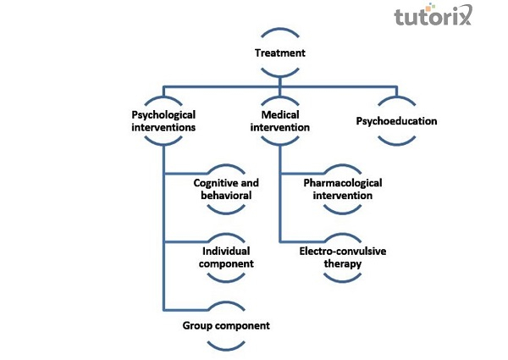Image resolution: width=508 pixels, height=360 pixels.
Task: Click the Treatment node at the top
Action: (x=279, y=53)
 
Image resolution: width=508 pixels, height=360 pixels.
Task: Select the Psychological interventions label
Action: (x=164, y=120)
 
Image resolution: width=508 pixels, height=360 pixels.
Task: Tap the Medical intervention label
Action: (x=279, y=120)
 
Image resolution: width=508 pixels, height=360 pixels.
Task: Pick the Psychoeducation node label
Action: (x=396, y=121)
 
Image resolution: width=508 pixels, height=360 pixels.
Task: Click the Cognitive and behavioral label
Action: (x=226, y=189)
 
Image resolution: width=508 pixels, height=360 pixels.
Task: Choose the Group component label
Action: (x=226, y=325)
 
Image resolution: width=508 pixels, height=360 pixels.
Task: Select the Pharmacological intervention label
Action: (x=342, y=189)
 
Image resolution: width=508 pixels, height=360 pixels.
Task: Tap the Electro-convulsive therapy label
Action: (x=342, y=258)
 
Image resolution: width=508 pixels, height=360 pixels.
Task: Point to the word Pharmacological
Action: (x=342, y=183)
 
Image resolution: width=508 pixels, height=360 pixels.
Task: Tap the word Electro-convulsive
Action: (x=342, y=252)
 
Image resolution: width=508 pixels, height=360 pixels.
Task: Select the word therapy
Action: (x=342, y=264)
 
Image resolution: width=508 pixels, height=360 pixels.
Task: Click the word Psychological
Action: (x=164, y=114)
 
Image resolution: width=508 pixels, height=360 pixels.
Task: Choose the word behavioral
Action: (x=227, y=196)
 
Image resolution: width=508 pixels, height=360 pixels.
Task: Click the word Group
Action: (x=198, y=325)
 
